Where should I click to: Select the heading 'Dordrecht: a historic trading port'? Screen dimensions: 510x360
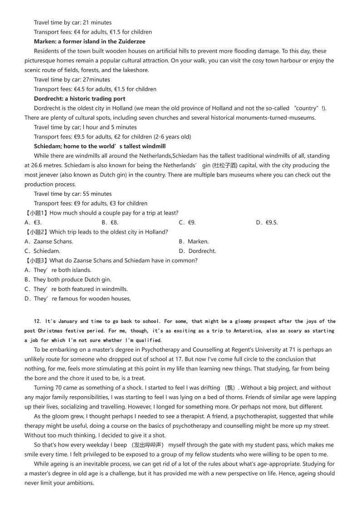[x=79, y=98]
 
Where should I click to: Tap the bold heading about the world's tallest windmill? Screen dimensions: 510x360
[x=100, y=146]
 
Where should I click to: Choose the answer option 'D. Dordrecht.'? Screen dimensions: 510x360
[x=197, y=251]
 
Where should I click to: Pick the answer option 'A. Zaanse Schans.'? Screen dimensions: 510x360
[x=49, y=241]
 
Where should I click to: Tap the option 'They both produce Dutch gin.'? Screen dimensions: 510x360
[x=68, y=280]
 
